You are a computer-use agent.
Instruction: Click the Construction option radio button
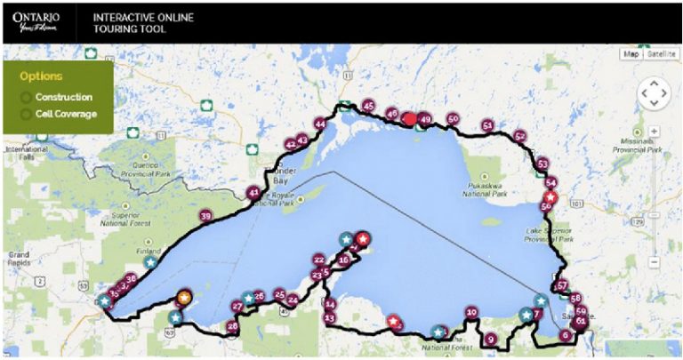[x=26, y=97]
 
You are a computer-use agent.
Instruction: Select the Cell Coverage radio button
[x=26, y=114]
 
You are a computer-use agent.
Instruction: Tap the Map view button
[x=631, y=54]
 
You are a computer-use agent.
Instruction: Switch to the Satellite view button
[x=660, y=54]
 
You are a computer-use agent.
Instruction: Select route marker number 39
[x=205, y=216]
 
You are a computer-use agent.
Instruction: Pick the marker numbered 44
[x=320, y=124]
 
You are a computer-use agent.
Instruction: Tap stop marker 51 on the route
[x=486, y=126]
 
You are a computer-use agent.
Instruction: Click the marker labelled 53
[x=542, y=164]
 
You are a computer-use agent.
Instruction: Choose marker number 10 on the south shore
[x=471, y=313]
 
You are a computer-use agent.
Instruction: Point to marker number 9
[x=490, y=339]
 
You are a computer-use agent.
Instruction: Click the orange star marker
[x=184, y=297]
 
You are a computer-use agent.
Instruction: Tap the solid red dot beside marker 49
[x=409, y=119]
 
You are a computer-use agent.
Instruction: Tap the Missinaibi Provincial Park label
[x=632, y=145]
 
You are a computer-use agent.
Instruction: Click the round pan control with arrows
[x=654, y=92]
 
